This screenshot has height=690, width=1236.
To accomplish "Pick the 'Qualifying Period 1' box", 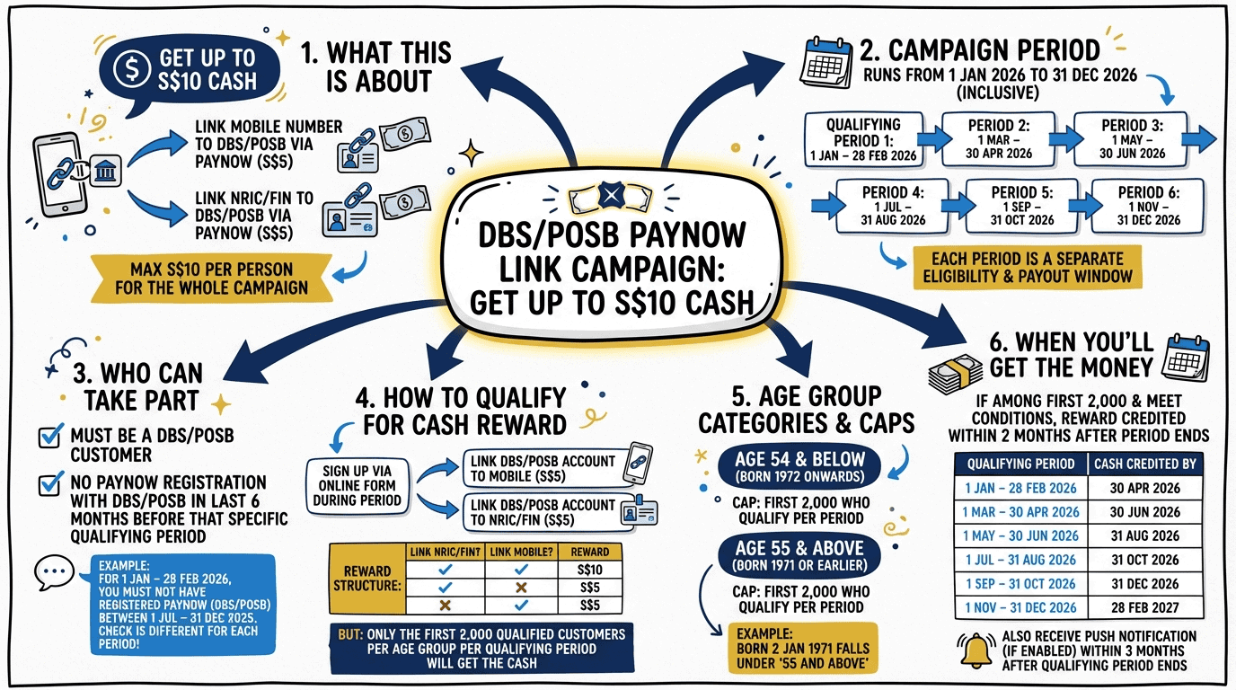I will click(x=862, y=140).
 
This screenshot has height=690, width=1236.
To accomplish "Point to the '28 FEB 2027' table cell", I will click(x=1145, y=607).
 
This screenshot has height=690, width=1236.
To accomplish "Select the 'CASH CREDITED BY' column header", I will click(x=1145, y=464).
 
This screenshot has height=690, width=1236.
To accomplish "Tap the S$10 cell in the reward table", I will click(x=589, y=570).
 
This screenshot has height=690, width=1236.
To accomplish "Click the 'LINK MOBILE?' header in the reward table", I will click(x=520, y=552).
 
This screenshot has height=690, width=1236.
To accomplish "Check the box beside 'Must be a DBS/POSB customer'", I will click(x=50, y=438).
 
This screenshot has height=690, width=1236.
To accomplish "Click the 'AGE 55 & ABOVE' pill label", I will click(x=799, y=554).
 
